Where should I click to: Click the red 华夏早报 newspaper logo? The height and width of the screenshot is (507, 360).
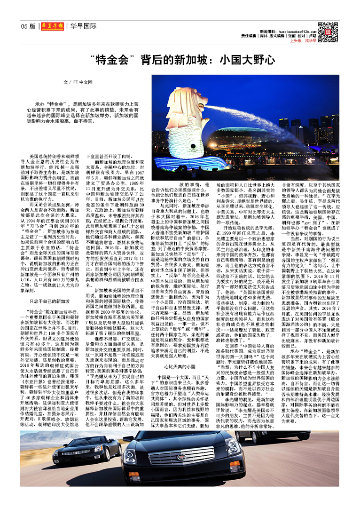click(x=51, y=26)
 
